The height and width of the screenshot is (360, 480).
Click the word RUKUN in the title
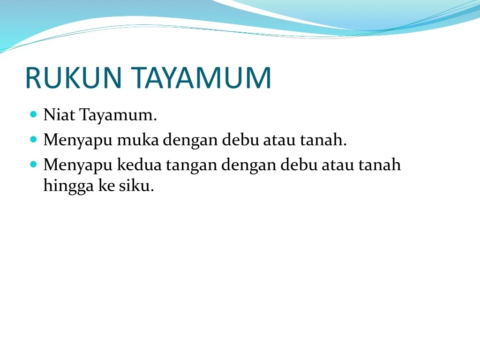tap(74, 78)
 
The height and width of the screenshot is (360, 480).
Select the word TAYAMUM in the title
tap(201, 78)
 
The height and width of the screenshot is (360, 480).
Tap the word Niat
tap(59, 115)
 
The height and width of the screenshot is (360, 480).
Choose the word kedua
tap(139, 165)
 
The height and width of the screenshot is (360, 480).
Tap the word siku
tap(136, 186)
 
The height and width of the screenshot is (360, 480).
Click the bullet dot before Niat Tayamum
tap(34, 114)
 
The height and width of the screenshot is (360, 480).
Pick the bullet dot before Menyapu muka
tap(34, 140)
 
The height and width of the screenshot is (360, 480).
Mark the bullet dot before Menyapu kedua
tap(34, 165)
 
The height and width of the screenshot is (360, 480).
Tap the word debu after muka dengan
tap(240, 140)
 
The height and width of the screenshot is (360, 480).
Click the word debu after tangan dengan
tap(299, 165)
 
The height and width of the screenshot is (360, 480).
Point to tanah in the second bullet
tap(323, 140)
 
